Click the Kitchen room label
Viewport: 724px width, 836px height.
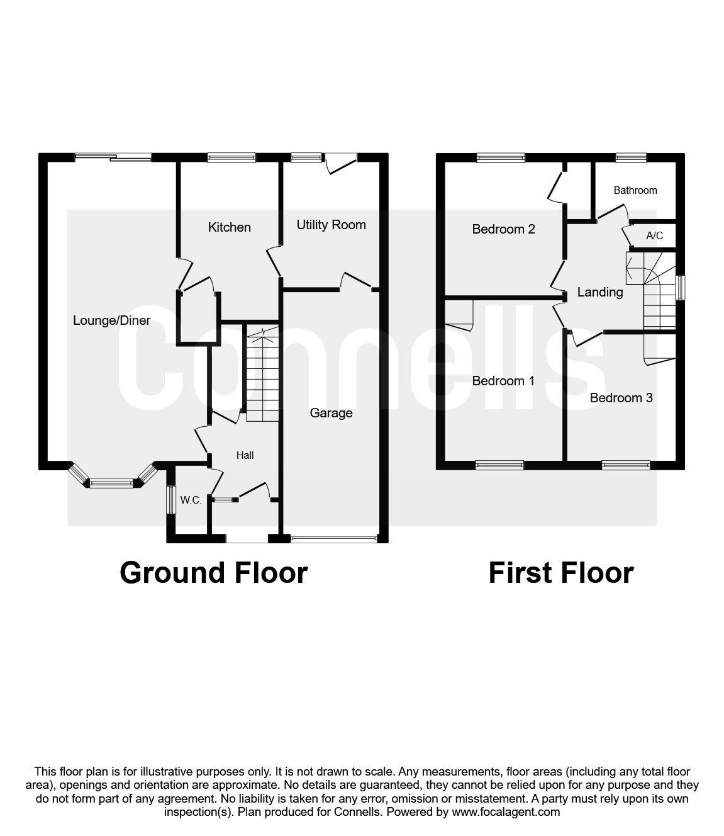229,227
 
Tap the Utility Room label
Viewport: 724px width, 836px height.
331,225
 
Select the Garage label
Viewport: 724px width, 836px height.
331,413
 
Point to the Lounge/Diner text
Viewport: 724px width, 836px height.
111,320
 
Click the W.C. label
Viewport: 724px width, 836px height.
191,500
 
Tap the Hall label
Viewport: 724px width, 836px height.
245,455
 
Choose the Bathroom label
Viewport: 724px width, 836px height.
635,191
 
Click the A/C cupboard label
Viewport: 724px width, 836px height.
654,236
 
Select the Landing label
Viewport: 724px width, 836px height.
600,293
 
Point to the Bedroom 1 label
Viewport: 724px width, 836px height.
503,381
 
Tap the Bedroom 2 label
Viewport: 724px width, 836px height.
503,229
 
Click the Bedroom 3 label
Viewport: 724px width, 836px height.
621,398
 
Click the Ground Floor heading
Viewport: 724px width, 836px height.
214,573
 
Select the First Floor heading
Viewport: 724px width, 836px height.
561,573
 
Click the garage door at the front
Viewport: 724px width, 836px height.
333,538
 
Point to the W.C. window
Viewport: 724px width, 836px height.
171,500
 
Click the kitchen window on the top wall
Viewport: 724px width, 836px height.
231,158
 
